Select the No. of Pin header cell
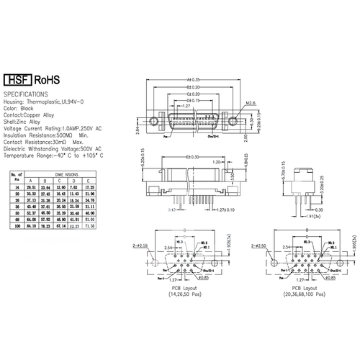tap(14, 176)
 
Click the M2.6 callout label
tap(251, 103)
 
